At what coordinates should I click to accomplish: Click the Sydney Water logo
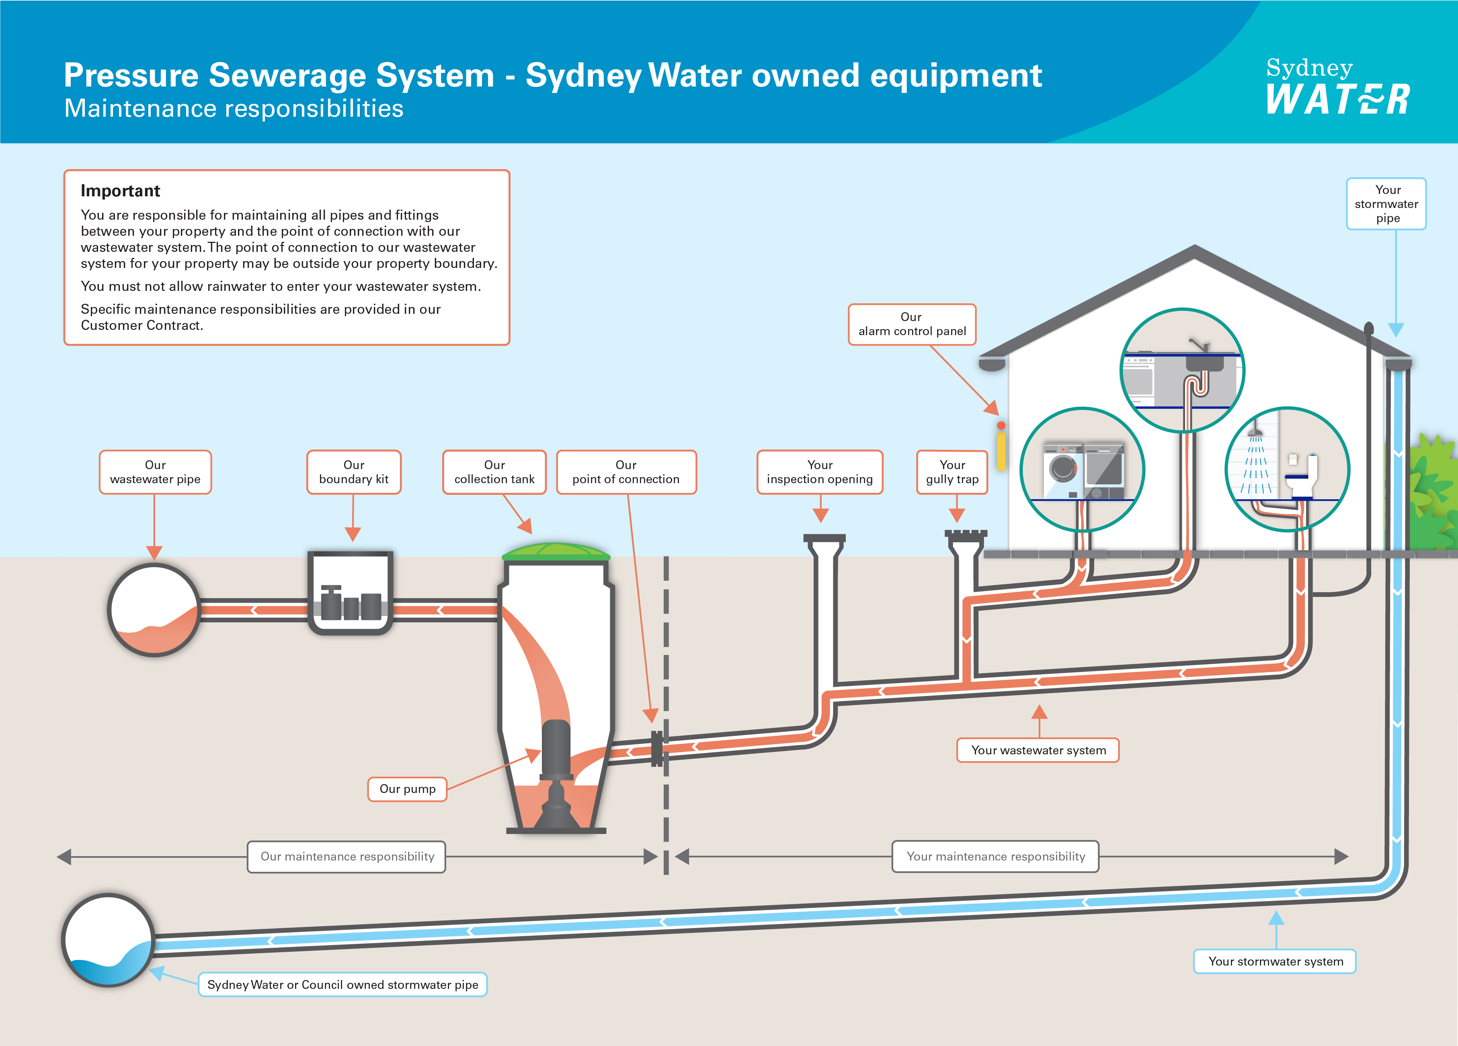pos(1337,87)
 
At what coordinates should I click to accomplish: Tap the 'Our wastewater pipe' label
pos(155,472)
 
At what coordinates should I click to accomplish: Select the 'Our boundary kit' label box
pos(354,472)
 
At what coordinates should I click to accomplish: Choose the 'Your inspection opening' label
pos(820,472)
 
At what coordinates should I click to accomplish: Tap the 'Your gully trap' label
pos(952,472)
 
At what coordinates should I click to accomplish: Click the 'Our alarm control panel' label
pos(912,324)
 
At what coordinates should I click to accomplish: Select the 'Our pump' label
pos(407,789)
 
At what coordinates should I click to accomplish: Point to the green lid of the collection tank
pos(556,551)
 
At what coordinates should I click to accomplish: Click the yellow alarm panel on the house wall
pos(1001,450)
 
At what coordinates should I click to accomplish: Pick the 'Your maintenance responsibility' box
pos(995,856)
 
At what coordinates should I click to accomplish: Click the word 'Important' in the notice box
pos(120,191)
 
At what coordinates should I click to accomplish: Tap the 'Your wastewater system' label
pos(1038,750)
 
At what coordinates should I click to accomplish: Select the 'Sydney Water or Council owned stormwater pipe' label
pos(342,984)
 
